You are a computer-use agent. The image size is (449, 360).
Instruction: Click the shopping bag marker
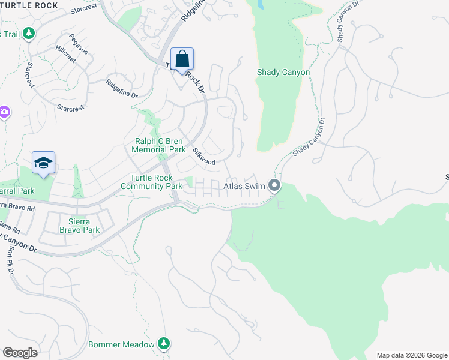(182, 60)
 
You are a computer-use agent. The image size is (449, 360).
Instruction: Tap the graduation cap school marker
(43, 163)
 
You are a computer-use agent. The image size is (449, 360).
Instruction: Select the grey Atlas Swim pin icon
(274, 185)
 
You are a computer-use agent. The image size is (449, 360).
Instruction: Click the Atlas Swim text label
(244, 186)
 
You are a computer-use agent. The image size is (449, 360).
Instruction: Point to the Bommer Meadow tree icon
(163, 343)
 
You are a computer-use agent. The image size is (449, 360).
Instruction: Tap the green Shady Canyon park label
(283, 73)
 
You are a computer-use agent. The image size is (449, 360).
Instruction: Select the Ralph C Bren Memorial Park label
(159, 145)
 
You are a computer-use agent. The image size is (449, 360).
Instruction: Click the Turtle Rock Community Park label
(151, 182)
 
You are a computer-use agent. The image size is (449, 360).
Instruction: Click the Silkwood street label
(204, 157)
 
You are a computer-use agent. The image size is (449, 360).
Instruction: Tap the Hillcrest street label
(66, 54)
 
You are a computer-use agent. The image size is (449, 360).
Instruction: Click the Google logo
(20, 353)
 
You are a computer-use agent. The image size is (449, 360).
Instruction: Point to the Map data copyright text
(412, 355)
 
